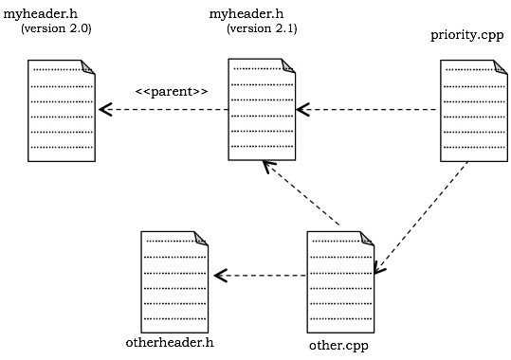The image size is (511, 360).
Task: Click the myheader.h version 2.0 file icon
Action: [x=63, y=110]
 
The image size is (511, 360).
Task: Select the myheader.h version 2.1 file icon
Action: [x=262, y=109]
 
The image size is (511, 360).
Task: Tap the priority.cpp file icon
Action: [x=471, y=110]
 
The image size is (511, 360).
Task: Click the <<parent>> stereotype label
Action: [x=171, y=91]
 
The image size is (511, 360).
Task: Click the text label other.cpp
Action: [x=338, y=345]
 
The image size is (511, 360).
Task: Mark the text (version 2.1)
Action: [x=262, y=29]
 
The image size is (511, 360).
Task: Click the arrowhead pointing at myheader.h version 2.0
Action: [x=105, y=110]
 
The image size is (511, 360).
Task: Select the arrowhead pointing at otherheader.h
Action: [x=220, y=276]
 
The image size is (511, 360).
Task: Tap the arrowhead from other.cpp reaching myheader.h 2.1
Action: [x=269, y=167]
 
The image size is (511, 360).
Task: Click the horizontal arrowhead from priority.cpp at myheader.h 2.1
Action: [x=303, y=110]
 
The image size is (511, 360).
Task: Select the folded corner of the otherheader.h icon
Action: [x=200, y=238]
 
